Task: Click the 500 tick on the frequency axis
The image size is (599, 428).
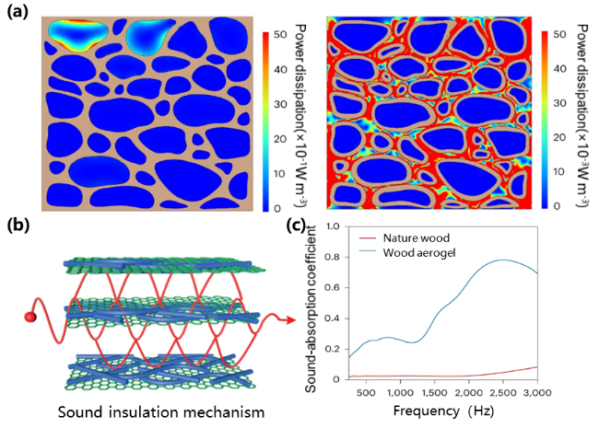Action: pyautogui.click(x=367, y=391)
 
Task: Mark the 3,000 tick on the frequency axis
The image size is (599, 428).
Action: pyautogui.click(x=536, y=391)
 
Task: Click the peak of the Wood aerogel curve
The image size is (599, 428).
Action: pyautogui.click(x=503, y=260)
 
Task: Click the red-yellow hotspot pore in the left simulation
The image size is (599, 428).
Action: pyautogui.click(x=76, y=34)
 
